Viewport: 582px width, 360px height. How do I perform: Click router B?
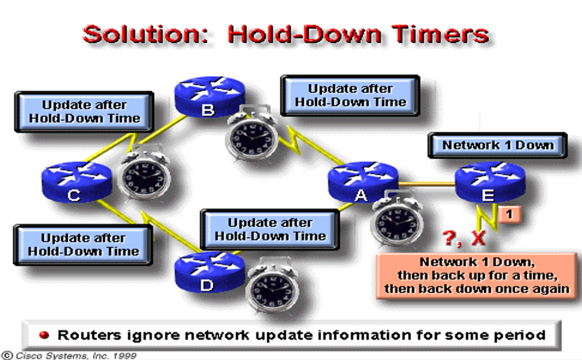click(210, 97)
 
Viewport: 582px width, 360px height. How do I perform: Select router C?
click(77, 182)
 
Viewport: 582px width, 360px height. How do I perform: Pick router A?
click(363, 182)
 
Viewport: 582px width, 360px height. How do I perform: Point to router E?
click(490, 182)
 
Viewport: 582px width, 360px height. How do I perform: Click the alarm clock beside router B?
click(252, 133)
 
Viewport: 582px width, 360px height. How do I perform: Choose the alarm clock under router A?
click(398, 218)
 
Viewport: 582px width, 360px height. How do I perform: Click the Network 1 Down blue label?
click(497, 145)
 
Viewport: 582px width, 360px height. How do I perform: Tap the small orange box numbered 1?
click(509, 214)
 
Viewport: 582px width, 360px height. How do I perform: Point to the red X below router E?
click(479, 238)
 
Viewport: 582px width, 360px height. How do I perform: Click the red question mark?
click(451, 238)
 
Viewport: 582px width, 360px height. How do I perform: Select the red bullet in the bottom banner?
click(45, 335)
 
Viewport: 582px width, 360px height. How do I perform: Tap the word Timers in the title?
click(440, 34)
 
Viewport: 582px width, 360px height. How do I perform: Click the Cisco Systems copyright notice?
click(69, 355)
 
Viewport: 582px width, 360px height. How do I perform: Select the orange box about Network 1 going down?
click(477, 275)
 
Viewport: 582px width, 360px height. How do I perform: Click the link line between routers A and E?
click(427, 183)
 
